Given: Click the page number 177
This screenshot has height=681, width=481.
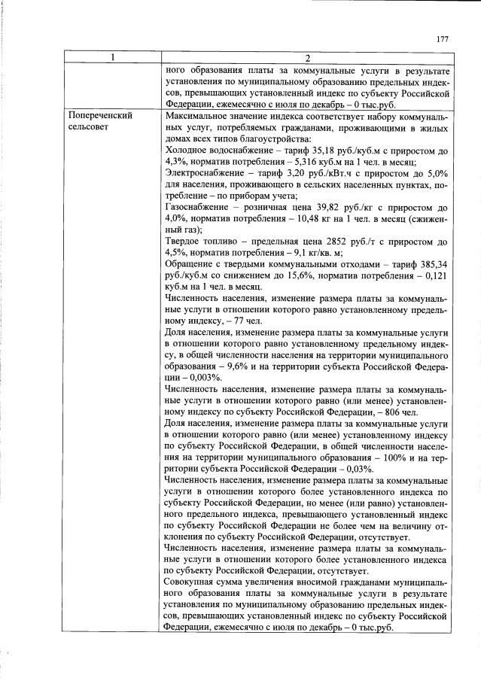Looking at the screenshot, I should [x=442, y=39].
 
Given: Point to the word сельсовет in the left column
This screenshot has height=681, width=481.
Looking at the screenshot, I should [x=89, y=128].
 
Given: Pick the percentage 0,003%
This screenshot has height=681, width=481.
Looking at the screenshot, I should [x=202, y=377].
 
